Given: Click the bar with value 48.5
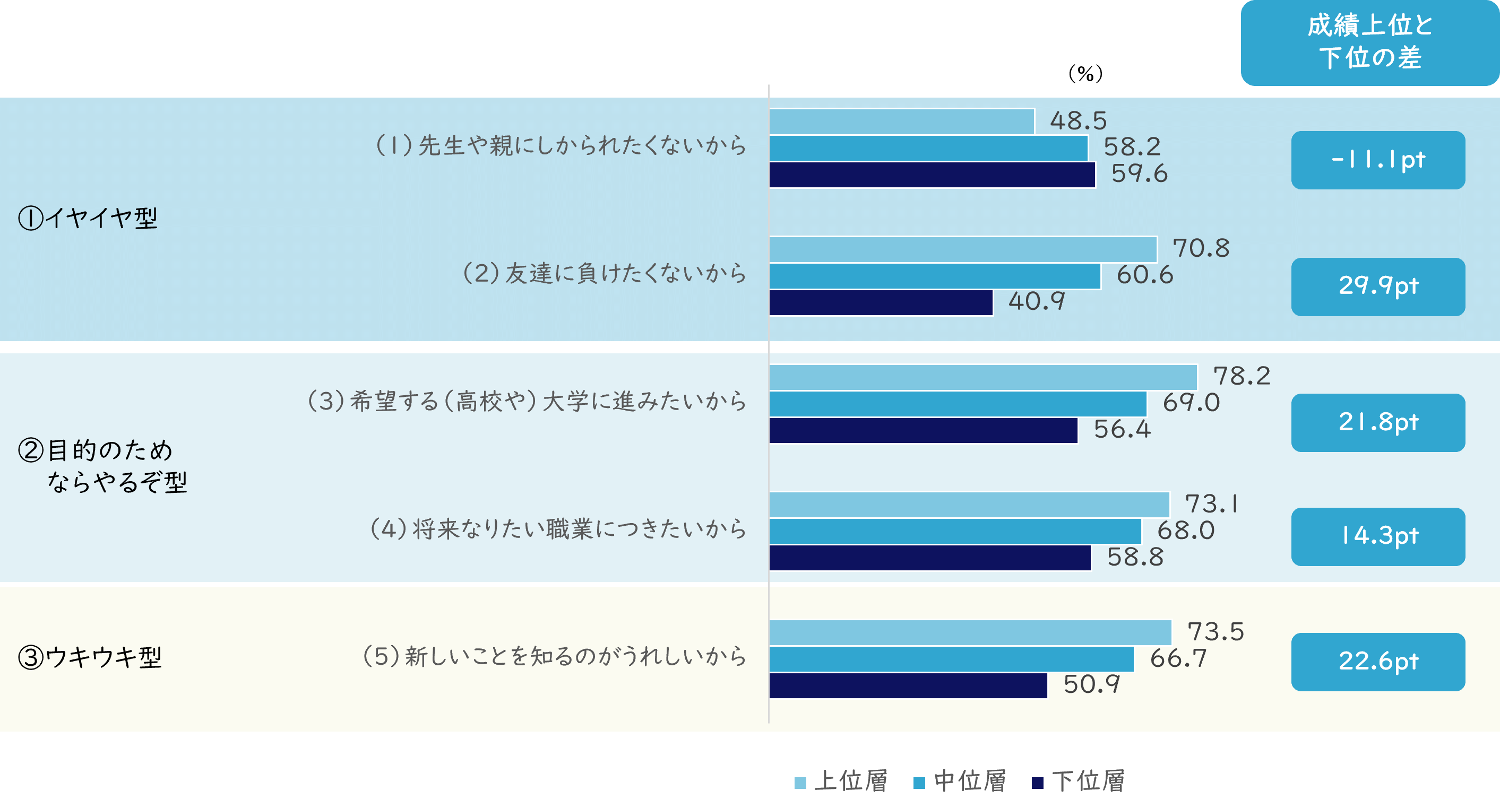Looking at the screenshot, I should point(901,121).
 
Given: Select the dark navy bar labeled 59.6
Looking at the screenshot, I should point(932,175).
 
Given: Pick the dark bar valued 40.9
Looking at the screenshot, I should point(881,303).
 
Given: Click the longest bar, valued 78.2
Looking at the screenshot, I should point(983,377).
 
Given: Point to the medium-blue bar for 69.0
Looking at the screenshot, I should point(958,404).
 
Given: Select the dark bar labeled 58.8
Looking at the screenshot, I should point(929,558).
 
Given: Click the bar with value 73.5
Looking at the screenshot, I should point(970,632).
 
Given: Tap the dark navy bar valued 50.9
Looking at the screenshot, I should point(908,685).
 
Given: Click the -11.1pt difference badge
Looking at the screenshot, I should point(1378,160).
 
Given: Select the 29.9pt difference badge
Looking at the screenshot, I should point(1378,287).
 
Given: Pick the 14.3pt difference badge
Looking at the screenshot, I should point(1378,536).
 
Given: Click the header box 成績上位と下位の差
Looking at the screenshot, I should point(1369,42).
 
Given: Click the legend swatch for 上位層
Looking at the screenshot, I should point(800,783).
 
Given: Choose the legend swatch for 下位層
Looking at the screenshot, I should point(1037,783).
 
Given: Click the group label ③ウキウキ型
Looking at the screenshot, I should point(90,658).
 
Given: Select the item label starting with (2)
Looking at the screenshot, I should point(604,274).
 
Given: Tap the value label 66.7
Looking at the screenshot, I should point(1178,658).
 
